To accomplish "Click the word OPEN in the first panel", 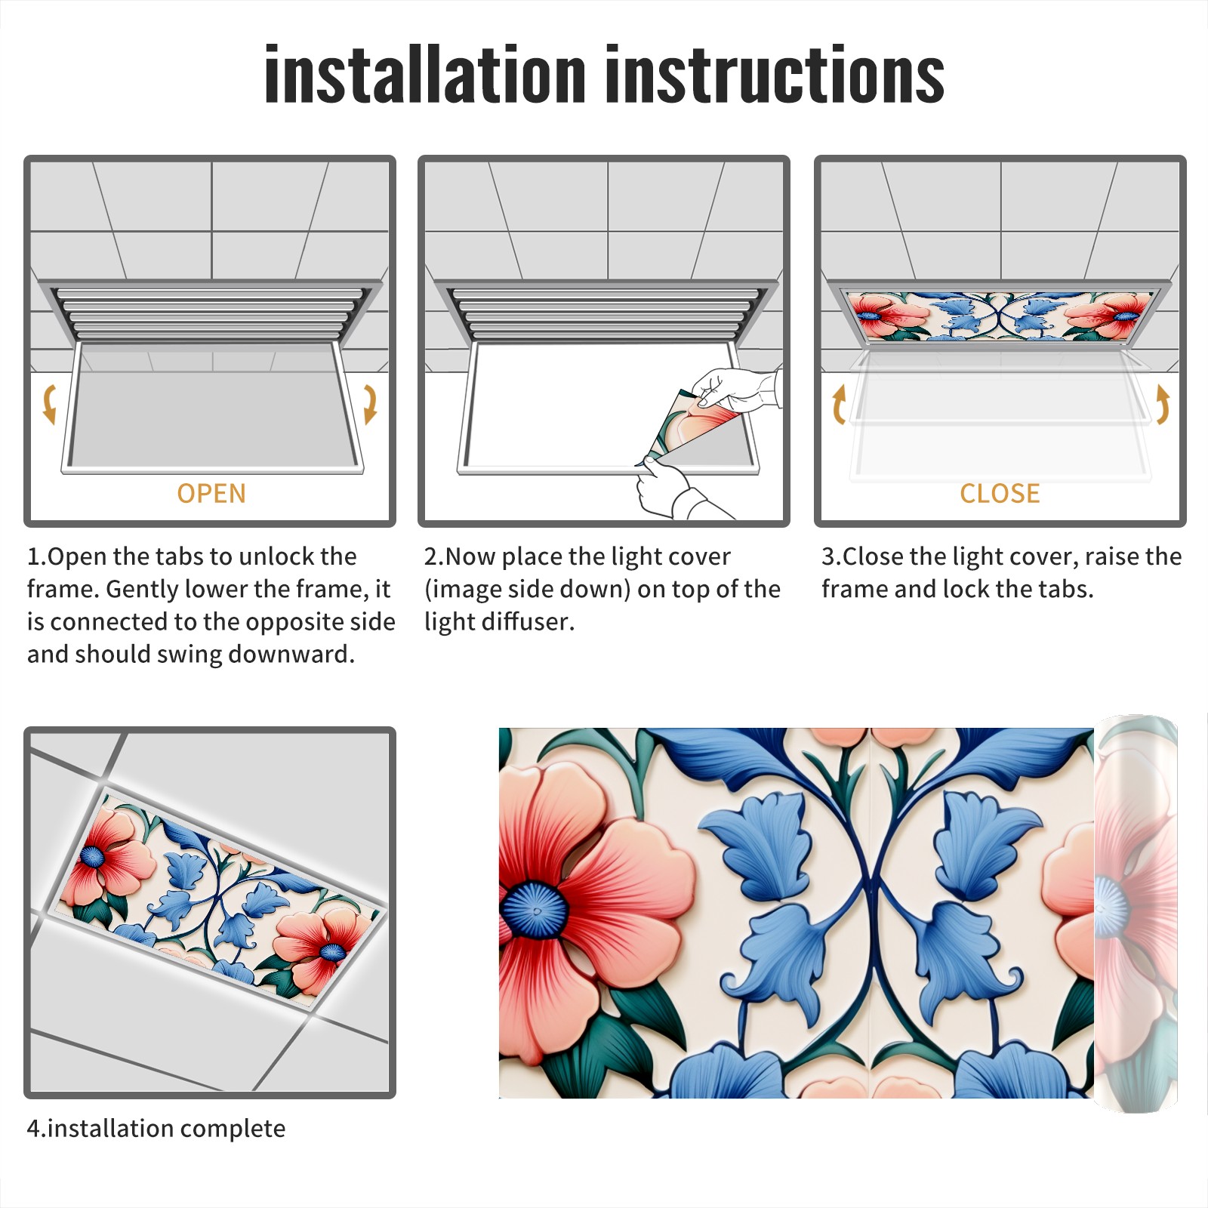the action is coord(211,494).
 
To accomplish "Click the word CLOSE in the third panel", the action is coord(1000,494).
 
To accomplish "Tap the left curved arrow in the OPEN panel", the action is coord(50,404).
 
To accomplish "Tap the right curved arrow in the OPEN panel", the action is coord(370,404).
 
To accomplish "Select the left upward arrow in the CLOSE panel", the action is coord(839,404).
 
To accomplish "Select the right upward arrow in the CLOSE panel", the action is coord(1163,404).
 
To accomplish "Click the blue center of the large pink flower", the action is coord(535,910).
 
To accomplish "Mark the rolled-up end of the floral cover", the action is coord(1136,914).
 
